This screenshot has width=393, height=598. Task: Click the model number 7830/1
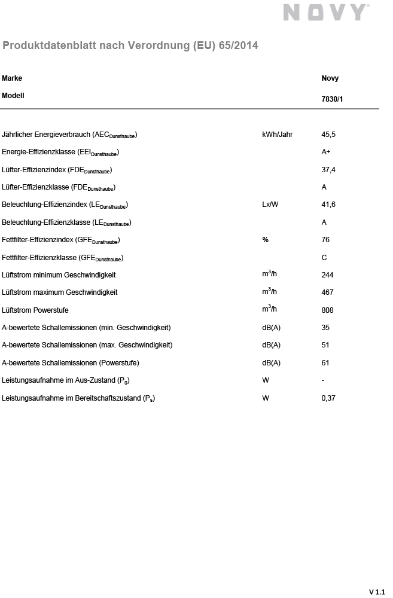[x=333, y=100]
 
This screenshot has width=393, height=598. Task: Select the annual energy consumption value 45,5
[x=328, y=135]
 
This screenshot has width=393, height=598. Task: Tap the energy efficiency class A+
[x=327, y=152]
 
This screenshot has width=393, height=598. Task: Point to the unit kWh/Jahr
[x=278, y=135]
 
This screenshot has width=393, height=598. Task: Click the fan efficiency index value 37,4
[x=328, y=170]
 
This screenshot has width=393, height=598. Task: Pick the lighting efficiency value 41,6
[x=328, y=205]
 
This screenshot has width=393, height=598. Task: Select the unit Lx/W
[x=270, y=205]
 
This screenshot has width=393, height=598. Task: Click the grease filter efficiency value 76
[x=325, y=240]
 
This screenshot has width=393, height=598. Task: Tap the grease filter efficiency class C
[x=324, y=258]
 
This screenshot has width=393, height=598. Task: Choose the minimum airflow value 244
[x=327, y=275]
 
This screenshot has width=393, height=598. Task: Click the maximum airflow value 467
[x=327, y=292]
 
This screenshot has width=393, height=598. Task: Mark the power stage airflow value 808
[x=327, y=310]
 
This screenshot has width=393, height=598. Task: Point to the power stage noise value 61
[x=325, y=363]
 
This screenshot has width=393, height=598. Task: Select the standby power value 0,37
[x=328, y=398]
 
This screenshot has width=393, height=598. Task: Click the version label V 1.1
[x=377, y=591]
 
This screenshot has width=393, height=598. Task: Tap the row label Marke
[x=12, y=78]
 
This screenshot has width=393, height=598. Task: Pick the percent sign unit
[x=265, y=240]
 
